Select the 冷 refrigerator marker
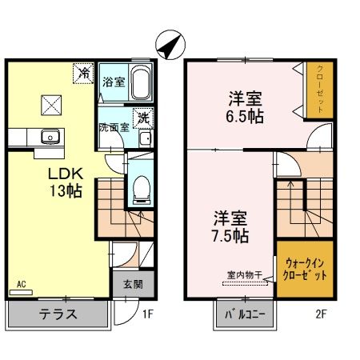(84, 74)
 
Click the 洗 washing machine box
(143, 117)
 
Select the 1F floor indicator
(147, 314)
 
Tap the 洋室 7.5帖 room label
(230, 226)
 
